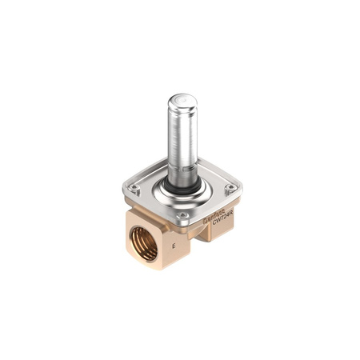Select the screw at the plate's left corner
tap(134, 189)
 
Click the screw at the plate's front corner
tap(182, 215)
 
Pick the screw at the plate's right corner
tap(230, 189)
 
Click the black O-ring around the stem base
tap(182, 186)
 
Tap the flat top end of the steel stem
tap(182, 102)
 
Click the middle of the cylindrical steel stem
tap(182, 140)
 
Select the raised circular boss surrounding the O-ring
tap(182, 195)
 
